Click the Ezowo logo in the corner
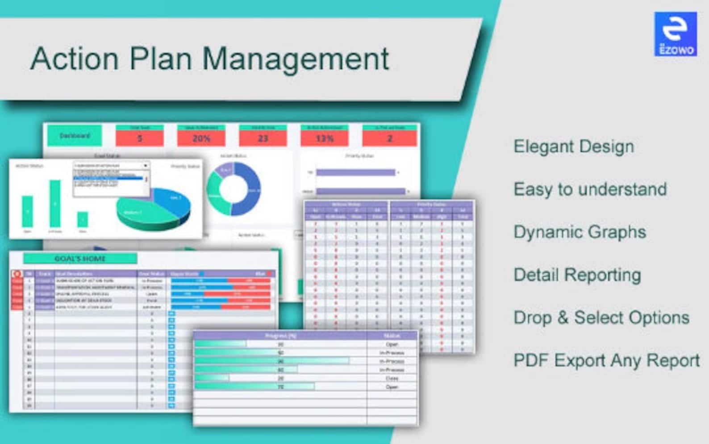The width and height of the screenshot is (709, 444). tap(675, 34)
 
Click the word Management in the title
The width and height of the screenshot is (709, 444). tap(296, 59)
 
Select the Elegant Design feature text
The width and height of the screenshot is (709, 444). tap(573, 147)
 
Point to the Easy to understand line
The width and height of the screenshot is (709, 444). tap(590, 189)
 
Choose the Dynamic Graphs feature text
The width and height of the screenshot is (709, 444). tap(580, 232)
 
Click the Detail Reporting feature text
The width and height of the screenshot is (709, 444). tap(577, 275)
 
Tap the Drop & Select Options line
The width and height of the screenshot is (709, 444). tap(601, 318)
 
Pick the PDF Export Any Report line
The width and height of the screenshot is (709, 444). tap(606, 360)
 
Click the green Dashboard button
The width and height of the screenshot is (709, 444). tap(75, 135)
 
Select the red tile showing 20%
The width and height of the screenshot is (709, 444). tap(201, 138)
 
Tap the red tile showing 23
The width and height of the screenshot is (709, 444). tap(263, 138)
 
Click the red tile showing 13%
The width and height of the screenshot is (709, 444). tap(324, 138)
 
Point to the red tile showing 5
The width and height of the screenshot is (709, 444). tap(139, 138)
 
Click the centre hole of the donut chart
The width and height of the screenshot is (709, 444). tap(234, 189)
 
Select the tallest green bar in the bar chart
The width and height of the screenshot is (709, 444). tap(55, 203)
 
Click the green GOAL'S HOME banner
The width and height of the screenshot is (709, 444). tap(80, 258)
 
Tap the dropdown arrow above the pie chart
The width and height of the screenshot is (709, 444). tap(146, 165)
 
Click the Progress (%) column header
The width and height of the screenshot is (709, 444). tap(280, 335)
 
